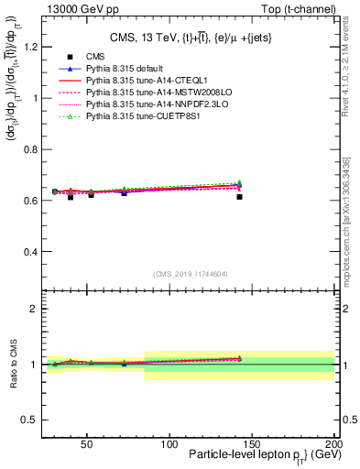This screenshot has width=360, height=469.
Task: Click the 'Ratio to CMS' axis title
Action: click(x=14, y=365)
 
